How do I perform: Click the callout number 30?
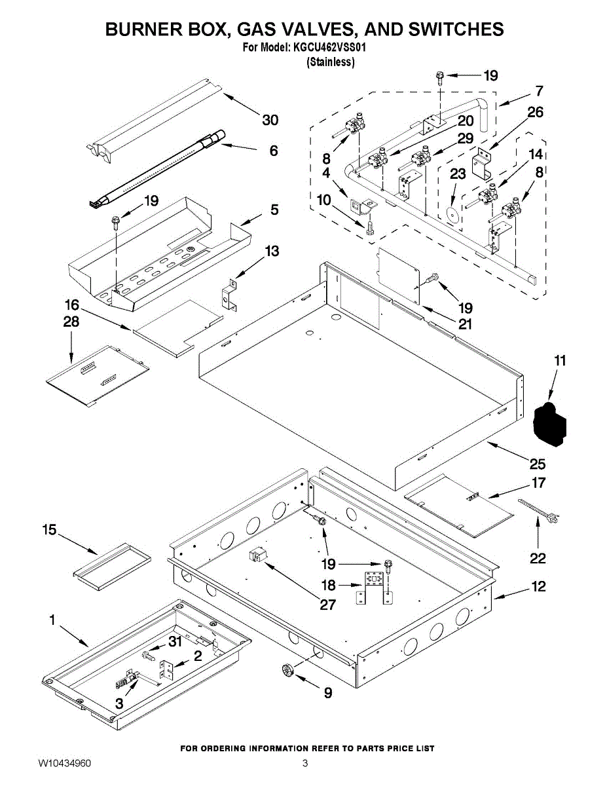pos(270,120)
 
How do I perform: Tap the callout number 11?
pos(560,360)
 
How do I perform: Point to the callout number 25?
pos(537,464)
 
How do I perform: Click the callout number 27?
pos(327,605)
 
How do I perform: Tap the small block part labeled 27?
pos(257,556)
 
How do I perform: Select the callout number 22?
pos(538,559)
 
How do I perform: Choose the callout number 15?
pos(50,530)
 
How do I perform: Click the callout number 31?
pos(175,642)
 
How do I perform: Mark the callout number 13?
pos(271,251)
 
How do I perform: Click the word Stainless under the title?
pos(331,62)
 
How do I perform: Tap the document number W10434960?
pos(64,763)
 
